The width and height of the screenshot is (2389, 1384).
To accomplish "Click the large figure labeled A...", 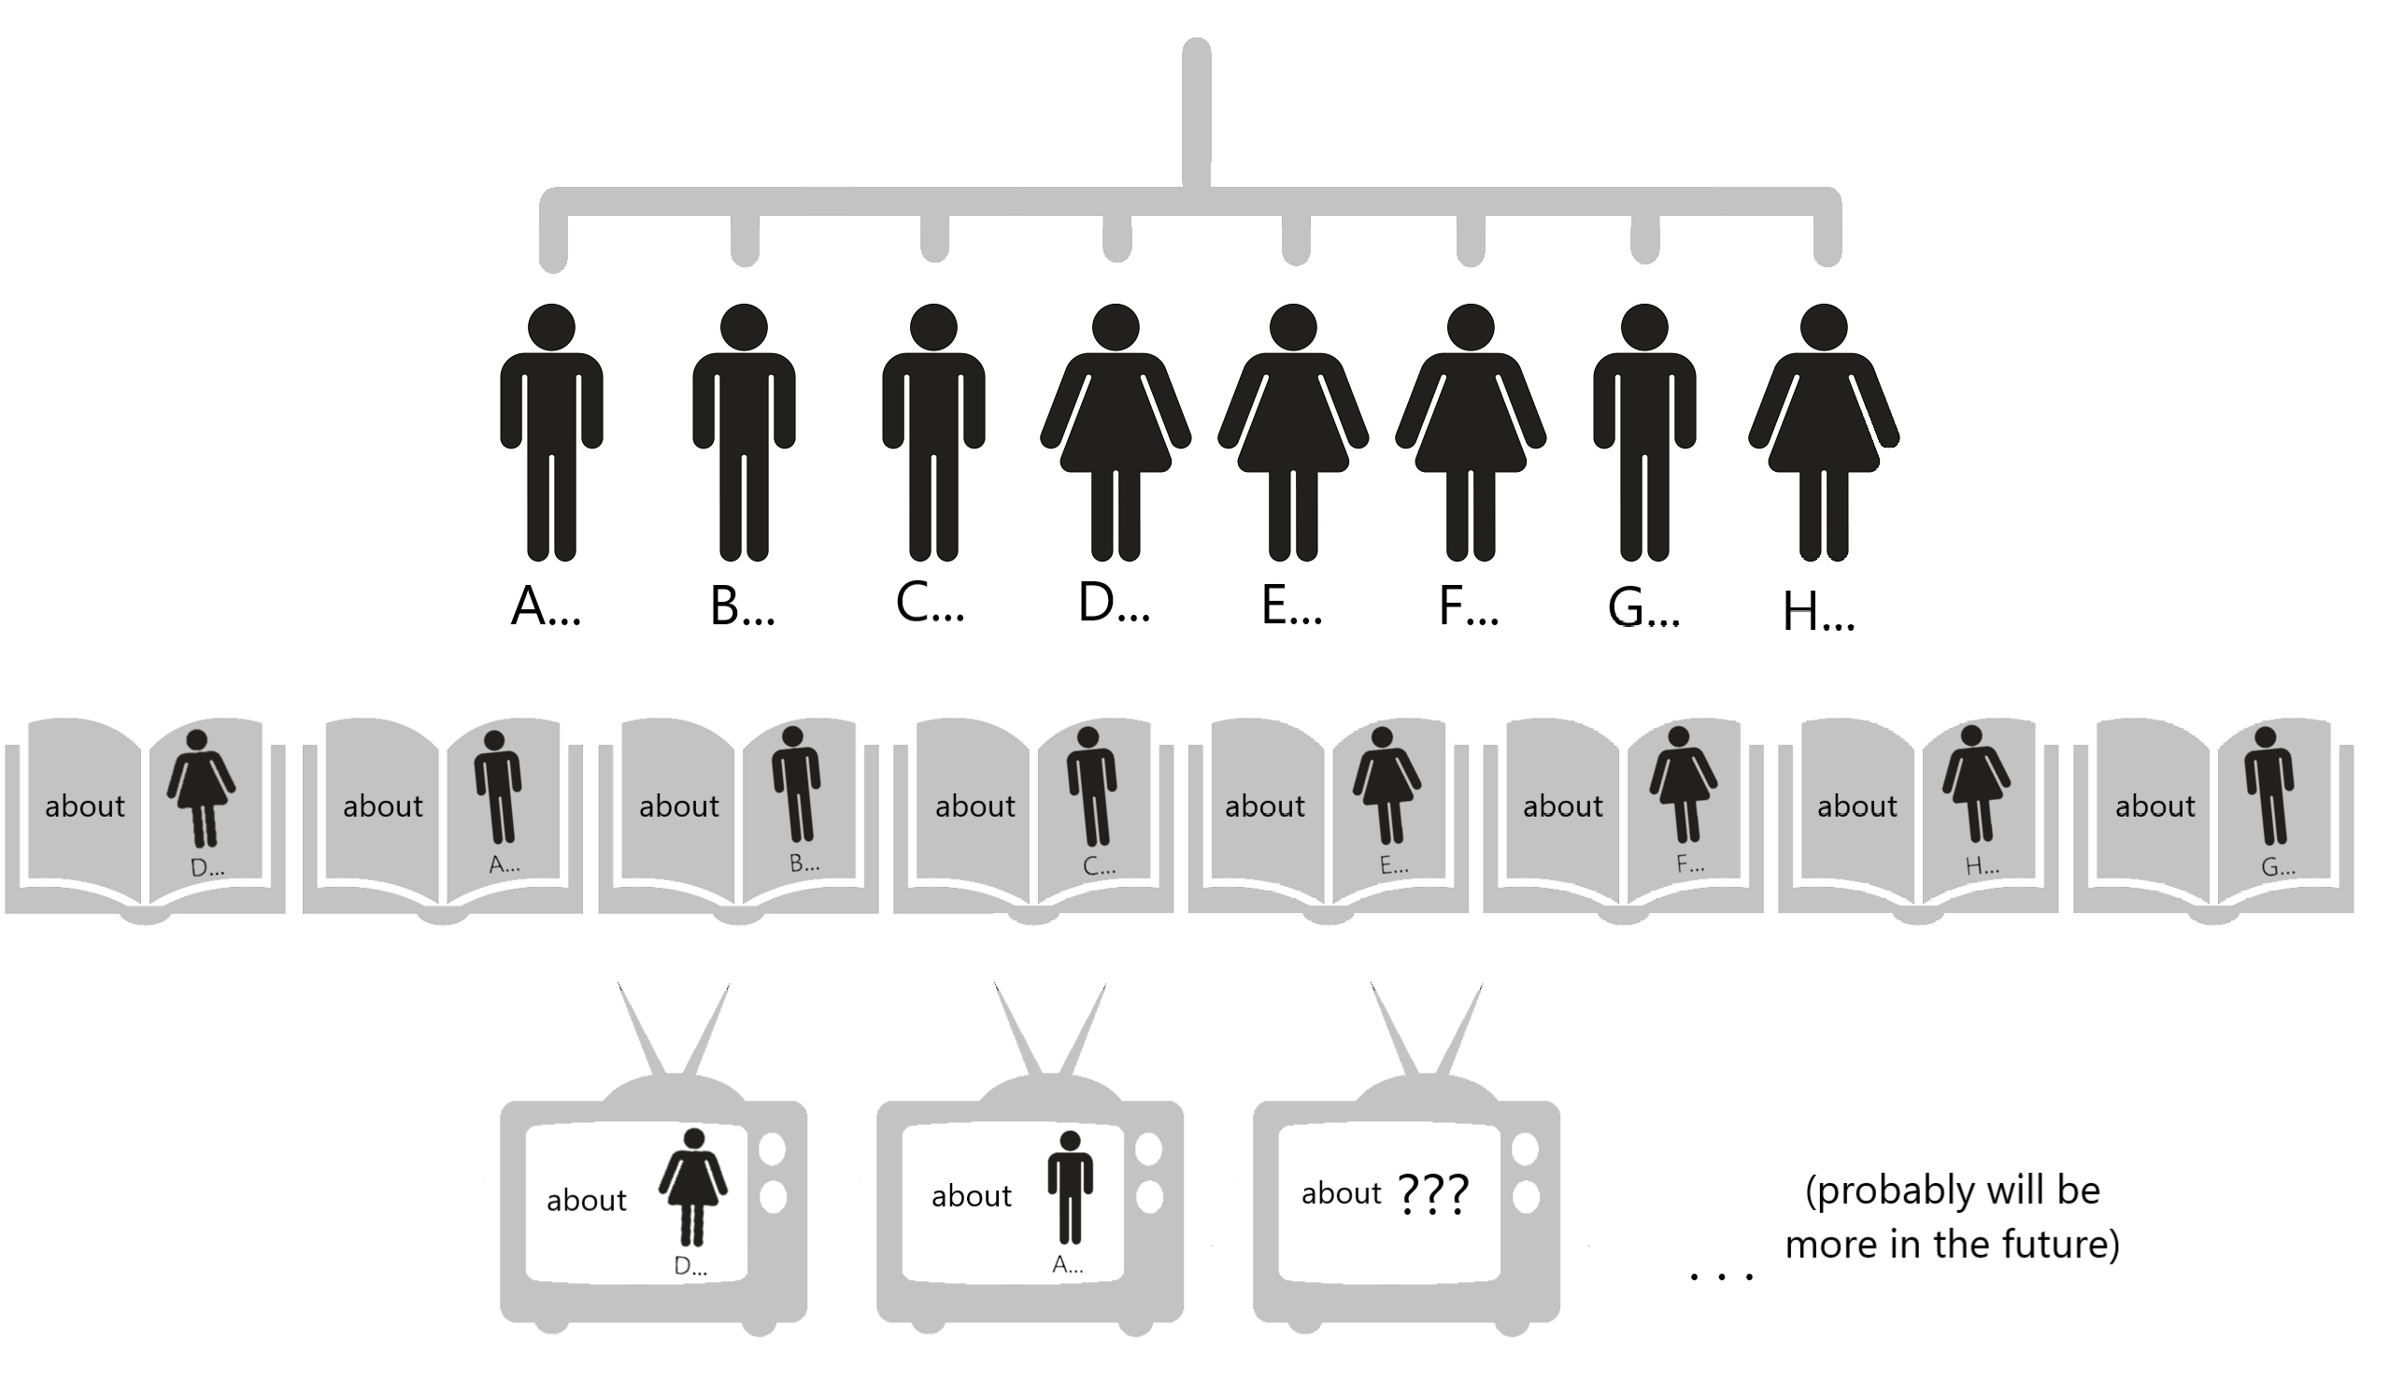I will [551, 432].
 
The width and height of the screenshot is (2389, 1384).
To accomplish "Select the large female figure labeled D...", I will [1115, 432].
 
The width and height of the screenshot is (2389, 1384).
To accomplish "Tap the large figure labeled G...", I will [1643, 432].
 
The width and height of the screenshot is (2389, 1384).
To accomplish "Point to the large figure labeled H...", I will [1823, 432].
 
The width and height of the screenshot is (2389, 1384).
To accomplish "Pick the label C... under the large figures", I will [929, 603].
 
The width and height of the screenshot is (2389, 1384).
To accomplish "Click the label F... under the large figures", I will [1468, 606].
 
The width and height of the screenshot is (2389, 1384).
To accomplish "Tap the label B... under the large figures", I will [742, 606].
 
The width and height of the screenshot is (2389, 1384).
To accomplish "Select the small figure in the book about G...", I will [2268, 786].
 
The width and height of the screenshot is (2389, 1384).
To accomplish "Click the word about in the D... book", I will [84, 806].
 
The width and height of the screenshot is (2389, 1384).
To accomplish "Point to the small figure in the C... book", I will [1091, 786].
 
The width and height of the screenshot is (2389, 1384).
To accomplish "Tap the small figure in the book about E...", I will [1386, 786].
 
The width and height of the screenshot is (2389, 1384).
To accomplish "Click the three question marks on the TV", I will [1432, 1194].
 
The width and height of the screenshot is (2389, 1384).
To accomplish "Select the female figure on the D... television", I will [693, 1186].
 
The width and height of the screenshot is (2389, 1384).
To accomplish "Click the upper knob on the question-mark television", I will [1526, 1149].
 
